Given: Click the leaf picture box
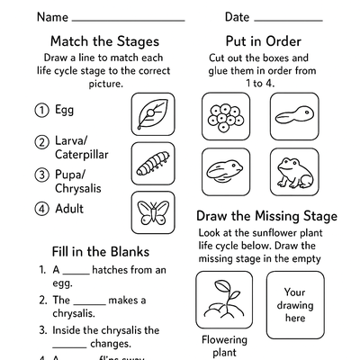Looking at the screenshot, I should [154, 114].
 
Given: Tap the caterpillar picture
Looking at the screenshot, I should [154, 164].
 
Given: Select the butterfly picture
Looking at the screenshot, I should [154, 213].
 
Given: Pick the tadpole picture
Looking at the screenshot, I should [292, 117].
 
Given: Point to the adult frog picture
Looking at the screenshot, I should [292, 171].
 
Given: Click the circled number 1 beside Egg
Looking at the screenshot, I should [40, 111].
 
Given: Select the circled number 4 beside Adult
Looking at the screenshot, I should [40, 210].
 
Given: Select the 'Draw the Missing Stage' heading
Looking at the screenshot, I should [267, 216].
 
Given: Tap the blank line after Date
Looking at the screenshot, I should [288, 18].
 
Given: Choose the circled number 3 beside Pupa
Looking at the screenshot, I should [40, 175].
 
